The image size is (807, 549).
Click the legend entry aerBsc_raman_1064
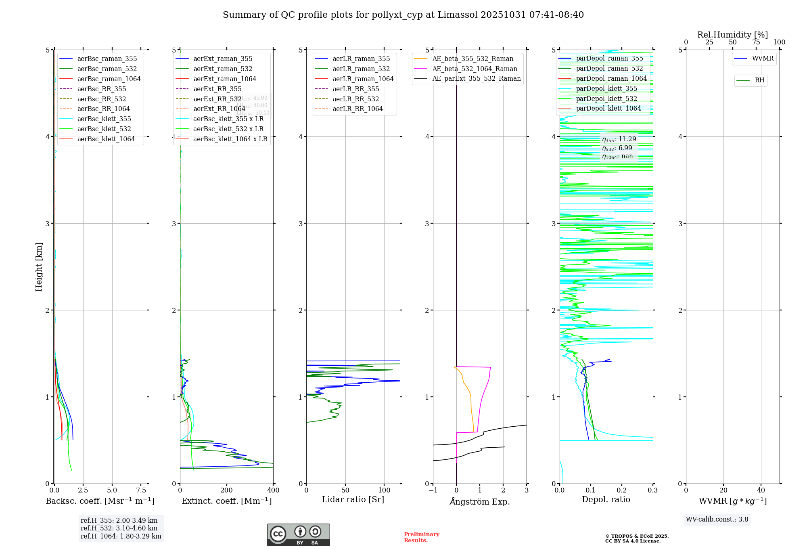click(109, 79)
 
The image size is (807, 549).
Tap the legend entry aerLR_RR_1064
click(358, 109)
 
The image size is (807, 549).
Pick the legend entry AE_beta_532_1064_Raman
click(475, 69)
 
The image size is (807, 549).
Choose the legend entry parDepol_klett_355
click(606, 88)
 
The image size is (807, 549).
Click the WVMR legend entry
click(763, 59)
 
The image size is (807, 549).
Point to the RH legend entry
click(759, 80)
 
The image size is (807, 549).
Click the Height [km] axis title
click(39, 267)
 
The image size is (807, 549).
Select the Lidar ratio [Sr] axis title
click(353, 499)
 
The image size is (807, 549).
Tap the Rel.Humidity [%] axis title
click(732, 35)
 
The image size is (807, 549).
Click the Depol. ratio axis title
click(606, 499)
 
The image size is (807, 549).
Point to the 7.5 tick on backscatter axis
click(141, 490)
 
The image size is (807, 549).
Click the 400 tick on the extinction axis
click(273, 490)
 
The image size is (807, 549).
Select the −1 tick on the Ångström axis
click(433, 490)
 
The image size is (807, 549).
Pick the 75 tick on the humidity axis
click(756, 42)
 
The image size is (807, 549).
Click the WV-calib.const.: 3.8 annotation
click(717, 520)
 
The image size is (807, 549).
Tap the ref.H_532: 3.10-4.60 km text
click(119, 528)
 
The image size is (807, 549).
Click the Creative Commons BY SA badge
click(298, 535)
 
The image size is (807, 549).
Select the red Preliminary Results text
click(421, 537)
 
